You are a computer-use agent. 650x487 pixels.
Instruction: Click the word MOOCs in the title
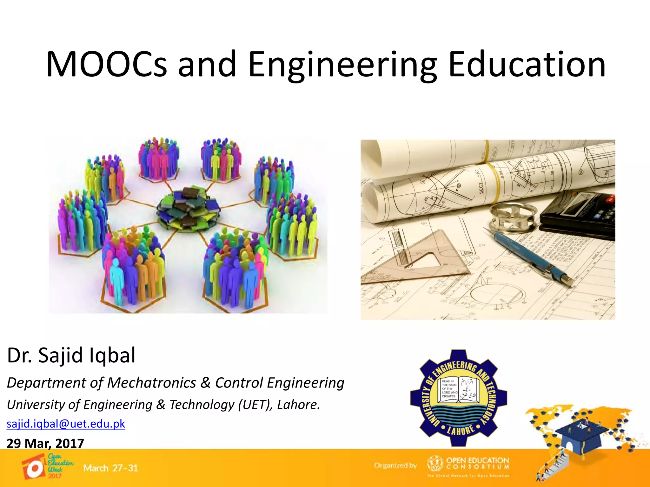click(x=106, y=64)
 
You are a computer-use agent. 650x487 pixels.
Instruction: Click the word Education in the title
click(x=527, y=64)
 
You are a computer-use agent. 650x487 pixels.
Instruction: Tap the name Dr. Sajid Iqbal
click(x=71, y=355)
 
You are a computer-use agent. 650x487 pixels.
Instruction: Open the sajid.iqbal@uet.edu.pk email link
click(x=66, y=424)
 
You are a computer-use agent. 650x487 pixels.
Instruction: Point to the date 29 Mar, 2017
click(x=45, y=443)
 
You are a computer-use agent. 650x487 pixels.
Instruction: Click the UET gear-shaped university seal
click(x=458, y=398)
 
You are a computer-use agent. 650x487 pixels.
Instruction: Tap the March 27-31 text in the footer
click(x=111, y=468)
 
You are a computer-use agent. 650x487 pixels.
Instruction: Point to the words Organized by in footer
click(x=395, y=465)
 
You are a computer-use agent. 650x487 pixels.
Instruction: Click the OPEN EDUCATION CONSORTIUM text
click(x=478, y=463)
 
